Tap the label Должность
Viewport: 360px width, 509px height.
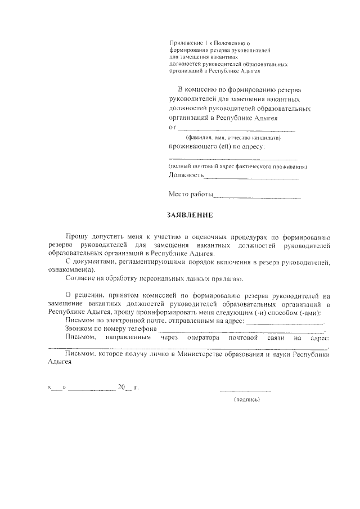click(186, 175)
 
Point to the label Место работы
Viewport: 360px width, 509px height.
click(191, 195)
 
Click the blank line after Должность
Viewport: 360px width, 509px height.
click(251, 178)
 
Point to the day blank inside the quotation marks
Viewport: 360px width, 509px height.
click(58, 388)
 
